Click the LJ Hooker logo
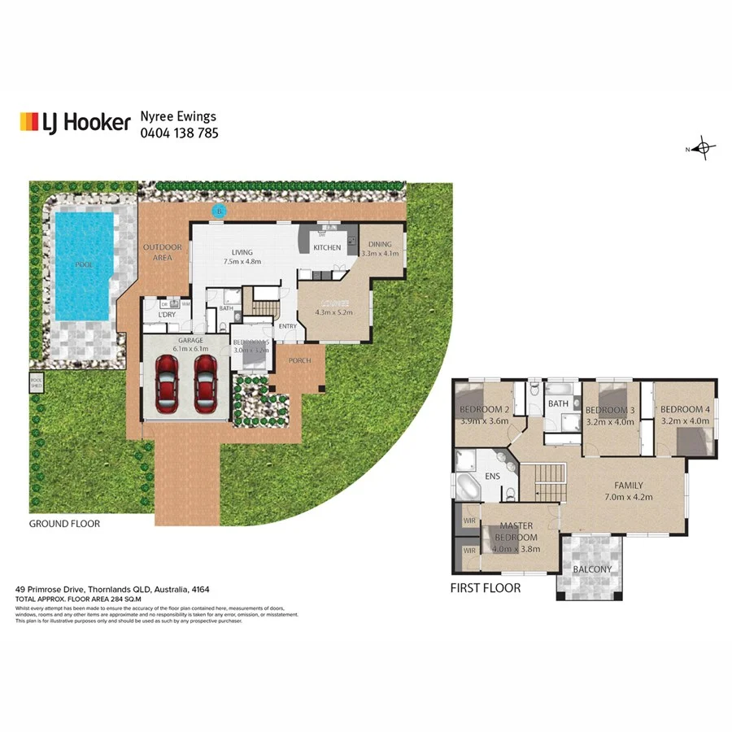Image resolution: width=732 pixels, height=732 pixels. [x=75, y=122]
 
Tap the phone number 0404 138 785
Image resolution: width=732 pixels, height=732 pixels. [x=179, y=133]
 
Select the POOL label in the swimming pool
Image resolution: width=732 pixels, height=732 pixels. [x=83, y=265]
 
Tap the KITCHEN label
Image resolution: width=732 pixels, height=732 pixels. [x=327, y=247]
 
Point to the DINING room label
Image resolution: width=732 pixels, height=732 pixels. [x=380, y=244]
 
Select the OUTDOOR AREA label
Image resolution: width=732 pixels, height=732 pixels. [x=163, y=252]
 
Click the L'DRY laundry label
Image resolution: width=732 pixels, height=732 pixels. [x=167, y=315]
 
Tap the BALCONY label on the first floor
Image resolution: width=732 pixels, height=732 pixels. [x=592, y=569]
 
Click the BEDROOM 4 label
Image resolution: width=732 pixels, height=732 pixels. [x=685, y=409]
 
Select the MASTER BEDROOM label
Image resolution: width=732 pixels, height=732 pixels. [x=516, y=532]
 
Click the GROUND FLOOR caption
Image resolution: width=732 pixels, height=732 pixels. [x=64, y=524]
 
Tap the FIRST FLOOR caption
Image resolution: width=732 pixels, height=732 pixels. [x=486, y=587]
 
